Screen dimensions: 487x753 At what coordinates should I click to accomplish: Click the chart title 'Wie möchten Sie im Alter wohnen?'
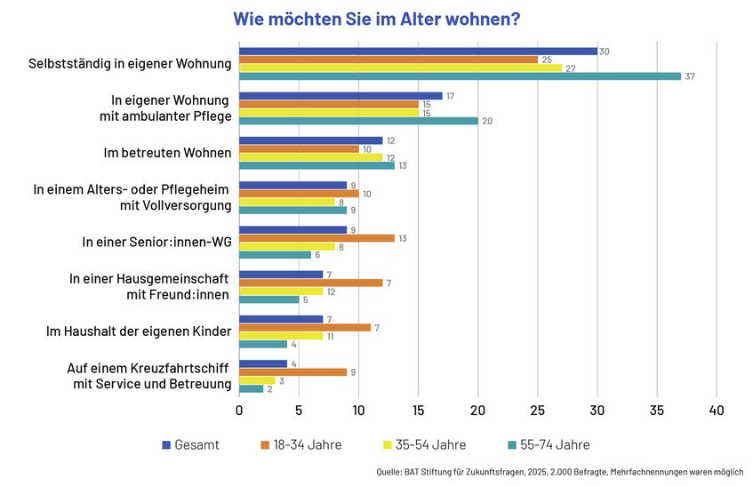tap(376, 19)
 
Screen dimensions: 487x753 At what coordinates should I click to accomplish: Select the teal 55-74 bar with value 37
tap(460, 76)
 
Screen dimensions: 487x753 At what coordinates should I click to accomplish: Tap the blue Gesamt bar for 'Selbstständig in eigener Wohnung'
tap(418, 51)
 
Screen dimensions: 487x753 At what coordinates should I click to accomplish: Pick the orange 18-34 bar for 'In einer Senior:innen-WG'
tap(316, 237)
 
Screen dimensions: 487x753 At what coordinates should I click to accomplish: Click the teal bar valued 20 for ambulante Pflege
tap(358, 121)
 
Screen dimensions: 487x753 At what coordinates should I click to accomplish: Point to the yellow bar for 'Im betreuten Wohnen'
tap(311, 156)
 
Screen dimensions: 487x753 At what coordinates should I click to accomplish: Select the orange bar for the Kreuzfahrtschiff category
tap(292, 371)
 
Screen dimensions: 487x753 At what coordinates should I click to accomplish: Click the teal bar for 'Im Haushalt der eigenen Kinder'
tap(263, 344)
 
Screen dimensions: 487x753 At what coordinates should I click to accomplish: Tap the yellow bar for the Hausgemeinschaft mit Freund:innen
tap(281, 291)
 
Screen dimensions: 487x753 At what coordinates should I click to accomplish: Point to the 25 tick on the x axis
tap(537, 411)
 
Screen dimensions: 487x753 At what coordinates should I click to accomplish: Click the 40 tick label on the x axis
tap(717, 411)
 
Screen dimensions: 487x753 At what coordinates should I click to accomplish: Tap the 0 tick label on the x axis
tap(239, 411)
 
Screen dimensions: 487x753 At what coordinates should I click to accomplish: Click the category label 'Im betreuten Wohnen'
tap(167, 153)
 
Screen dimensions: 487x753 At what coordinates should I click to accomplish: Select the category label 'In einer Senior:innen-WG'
tap(156, 242)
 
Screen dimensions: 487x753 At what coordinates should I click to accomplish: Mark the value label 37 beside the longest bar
tap(689, 76)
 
